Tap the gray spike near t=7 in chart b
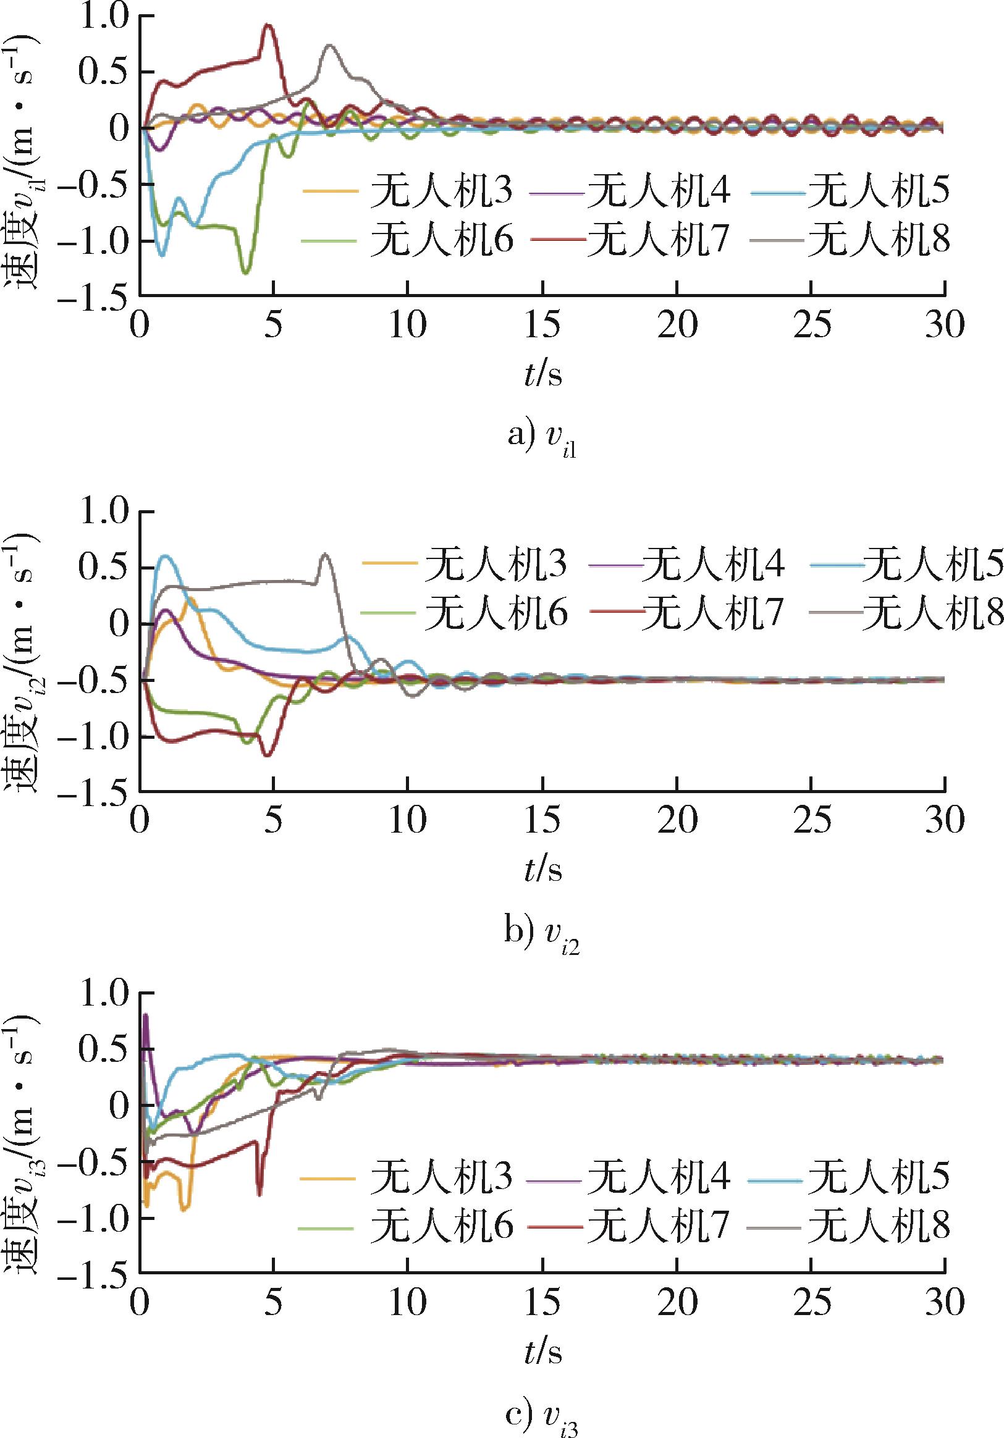click(324, 554)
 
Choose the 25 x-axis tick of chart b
click(812, 820)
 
